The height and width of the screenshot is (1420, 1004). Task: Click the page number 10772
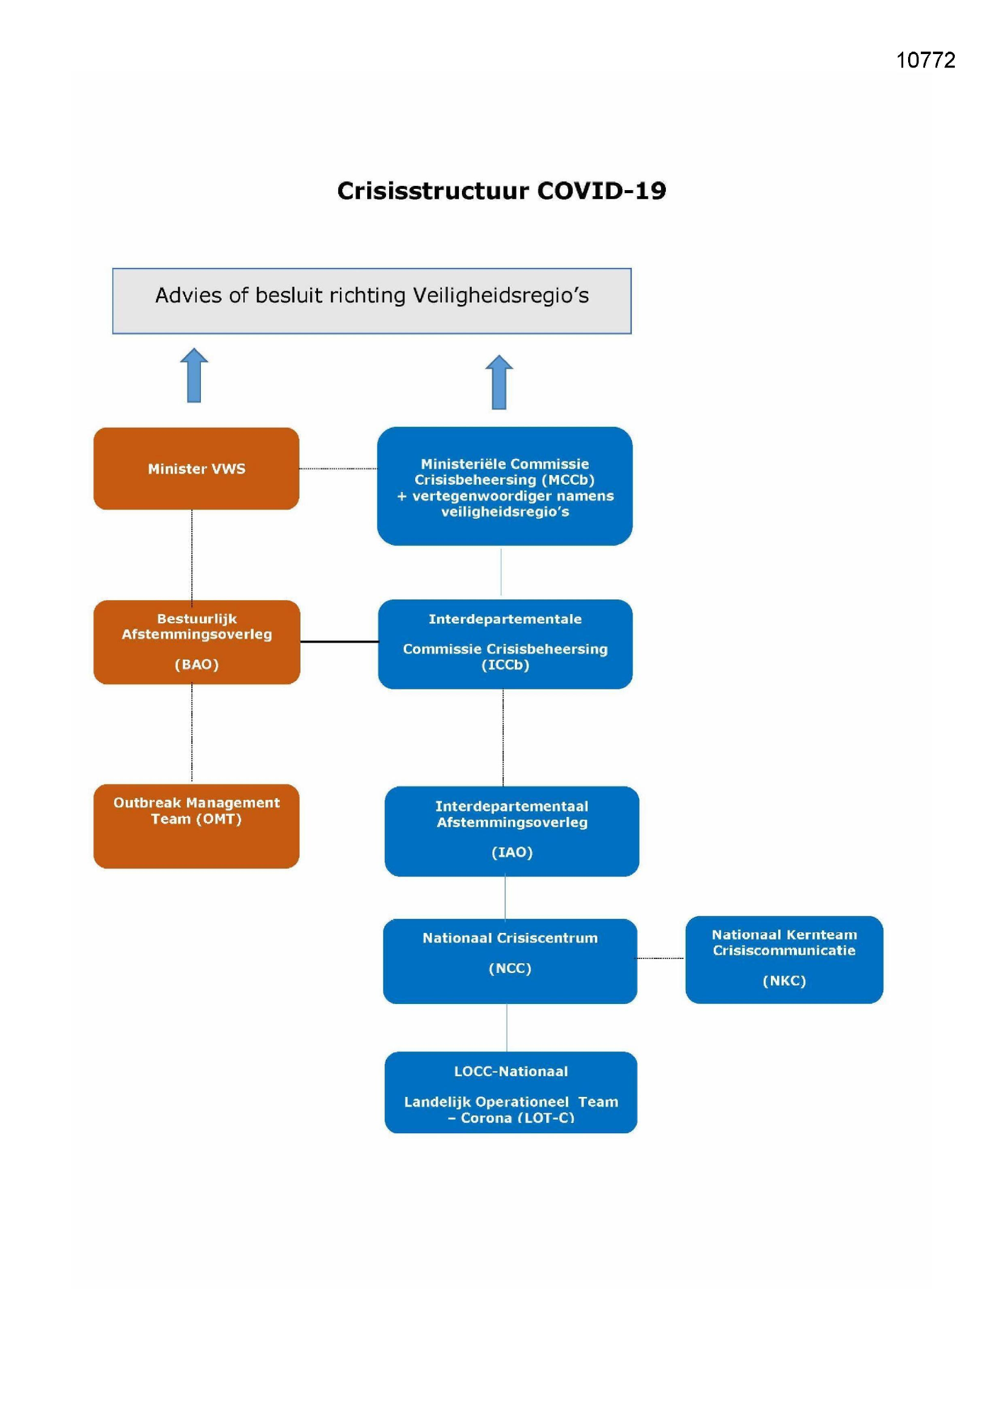tap(926, 60)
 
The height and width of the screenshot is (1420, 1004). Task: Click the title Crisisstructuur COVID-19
tap(501, 191)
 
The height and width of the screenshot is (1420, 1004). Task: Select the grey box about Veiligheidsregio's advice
tap(371, 301)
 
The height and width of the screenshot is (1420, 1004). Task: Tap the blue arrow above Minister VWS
tap(194, 375)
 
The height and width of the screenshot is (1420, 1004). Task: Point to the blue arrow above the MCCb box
tap(499, 382)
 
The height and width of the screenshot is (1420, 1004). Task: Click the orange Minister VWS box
tap(197, 469)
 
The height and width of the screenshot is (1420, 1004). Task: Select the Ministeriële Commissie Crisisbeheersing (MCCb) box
tap(504, 486)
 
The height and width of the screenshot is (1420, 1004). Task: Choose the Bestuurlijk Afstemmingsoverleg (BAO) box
tap(197, 642)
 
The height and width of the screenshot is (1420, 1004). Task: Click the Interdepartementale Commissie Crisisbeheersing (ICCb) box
tap(505, 644)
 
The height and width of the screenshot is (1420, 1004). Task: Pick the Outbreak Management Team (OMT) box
tap(197, 826)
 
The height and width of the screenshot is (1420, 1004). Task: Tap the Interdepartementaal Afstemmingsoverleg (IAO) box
tap(512, 831)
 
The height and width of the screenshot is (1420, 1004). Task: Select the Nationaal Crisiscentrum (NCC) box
tap(510, 961)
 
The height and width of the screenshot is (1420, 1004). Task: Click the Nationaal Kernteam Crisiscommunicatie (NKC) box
tap(784, 960)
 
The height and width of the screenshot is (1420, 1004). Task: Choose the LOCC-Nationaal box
tap(510, 1092)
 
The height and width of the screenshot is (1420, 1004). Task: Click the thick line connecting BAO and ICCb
tap(339, 642)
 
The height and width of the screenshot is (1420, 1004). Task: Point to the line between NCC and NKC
tap(661, 958)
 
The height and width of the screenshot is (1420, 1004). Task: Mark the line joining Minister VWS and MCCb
tap(338, 469)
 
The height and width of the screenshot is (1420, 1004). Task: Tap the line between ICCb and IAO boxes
tap(503, 738)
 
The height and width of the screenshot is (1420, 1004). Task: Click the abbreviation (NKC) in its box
tap(784, 981)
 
